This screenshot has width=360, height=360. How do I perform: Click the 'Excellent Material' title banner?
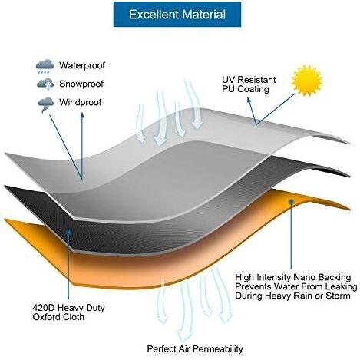coord(177,15)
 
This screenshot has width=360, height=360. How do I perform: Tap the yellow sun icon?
coord(307,80)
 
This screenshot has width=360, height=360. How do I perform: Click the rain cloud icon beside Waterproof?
coord(45,67)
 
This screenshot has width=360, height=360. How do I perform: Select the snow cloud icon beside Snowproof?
coord(45,84)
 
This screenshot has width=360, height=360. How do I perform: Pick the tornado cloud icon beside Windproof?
coord(45,104)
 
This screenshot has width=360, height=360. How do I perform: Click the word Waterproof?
coord(82,65)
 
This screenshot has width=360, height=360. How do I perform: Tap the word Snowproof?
coord(81,84)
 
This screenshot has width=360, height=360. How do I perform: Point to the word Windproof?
coord(81,102)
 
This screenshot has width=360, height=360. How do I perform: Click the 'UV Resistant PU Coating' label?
coord(249,84)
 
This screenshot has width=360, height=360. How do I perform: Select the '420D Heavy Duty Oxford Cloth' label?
coord(68,312)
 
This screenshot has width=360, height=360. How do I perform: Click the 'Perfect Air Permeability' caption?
coord(195,349)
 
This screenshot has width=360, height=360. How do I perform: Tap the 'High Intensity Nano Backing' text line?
coord(293,277)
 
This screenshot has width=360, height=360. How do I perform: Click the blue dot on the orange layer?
coord(291,202)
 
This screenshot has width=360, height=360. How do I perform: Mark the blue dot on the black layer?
coord(68,232)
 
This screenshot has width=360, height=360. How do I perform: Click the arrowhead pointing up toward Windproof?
coord(82,115)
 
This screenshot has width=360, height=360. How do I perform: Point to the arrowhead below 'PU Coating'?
coord(249,100)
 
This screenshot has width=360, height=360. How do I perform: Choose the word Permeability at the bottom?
coord(218,349)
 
